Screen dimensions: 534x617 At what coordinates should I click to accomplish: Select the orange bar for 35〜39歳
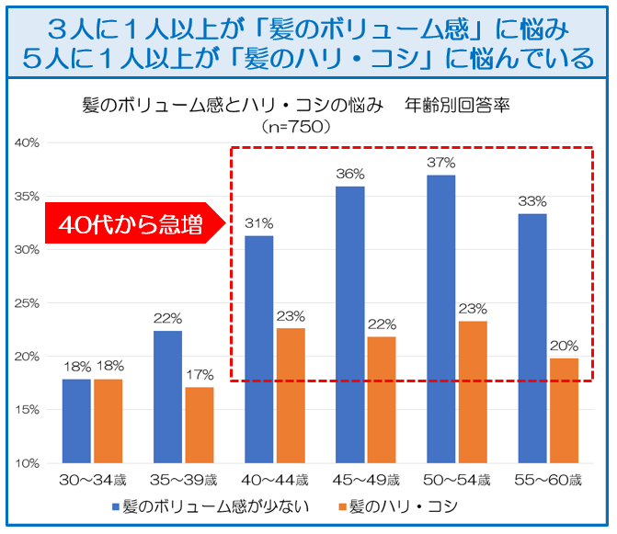199,425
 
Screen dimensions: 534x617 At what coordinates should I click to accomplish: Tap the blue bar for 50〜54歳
440,318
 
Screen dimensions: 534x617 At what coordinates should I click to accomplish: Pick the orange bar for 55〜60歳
564,410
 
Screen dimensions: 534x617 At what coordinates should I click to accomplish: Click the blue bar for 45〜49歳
349,324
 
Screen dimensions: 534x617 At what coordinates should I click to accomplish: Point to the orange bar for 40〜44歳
290,395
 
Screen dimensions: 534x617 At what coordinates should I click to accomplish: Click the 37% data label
441,163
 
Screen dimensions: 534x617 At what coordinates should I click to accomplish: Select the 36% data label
350,174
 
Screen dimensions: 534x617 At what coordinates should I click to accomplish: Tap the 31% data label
258,223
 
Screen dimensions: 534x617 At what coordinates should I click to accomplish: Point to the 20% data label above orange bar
564,346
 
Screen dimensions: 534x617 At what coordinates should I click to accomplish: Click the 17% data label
199,374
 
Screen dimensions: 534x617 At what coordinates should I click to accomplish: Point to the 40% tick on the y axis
25,142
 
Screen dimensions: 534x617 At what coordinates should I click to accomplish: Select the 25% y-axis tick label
25,302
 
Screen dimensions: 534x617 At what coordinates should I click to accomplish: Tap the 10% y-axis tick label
25,462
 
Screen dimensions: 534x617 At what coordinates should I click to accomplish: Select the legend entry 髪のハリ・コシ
406,506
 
